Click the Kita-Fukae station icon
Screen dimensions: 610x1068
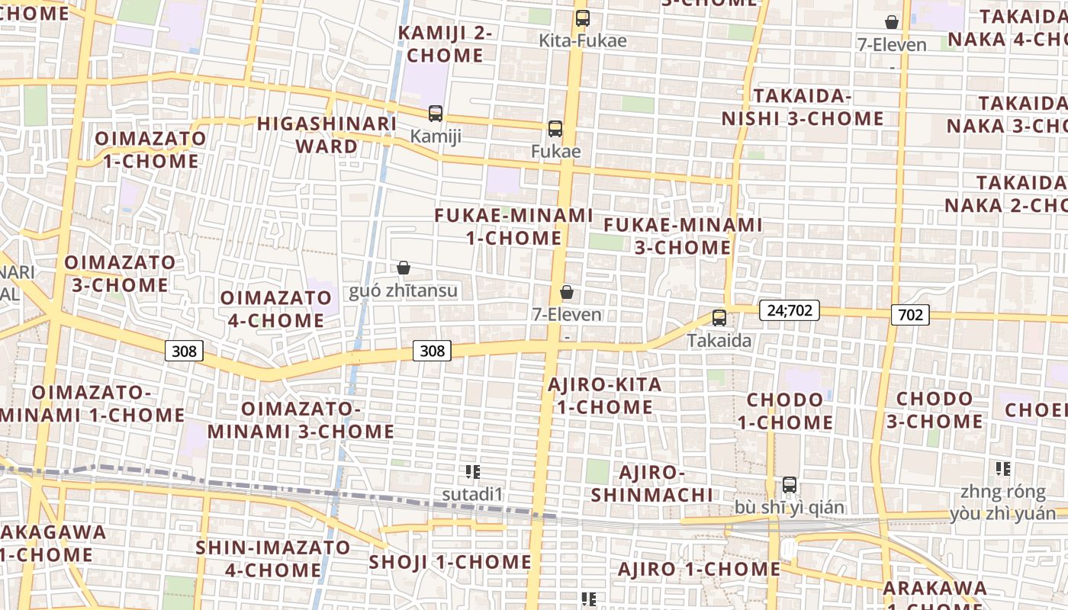[x=583, y=18]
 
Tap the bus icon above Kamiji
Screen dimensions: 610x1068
[x=436, y=114]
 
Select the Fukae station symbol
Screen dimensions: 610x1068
[x=555, y=129]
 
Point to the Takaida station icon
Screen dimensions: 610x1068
[x=719, y=318]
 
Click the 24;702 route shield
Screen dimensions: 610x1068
[x=789, y=310]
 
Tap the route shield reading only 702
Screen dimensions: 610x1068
[x=910, y=314]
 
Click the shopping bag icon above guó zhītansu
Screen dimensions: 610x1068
[x=404, y=268]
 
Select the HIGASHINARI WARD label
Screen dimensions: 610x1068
[x=327, y=134]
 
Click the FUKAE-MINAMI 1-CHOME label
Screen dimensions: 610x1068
[x=514, y=226]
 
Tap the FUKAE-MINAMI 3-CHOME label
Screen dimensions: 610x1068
[x=683, y=236]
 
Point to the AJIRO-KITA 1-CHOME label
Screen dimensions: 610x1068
[x=605, y=396]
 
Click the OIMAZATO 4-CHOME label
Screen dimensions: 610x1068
[x=272, y=309]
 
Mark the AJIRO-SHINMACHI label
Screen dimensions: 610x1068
[x=652, y=483]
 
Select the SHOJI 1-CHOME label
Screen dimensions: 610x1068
[x=450, y=563]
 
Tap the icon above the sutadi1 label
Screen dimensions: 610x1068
[x=472, y=472]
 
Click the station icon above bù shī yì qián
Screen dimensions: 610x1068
[x=790, y=485]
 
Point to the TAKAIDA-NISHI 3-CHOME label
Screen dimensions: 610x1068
[x=803, y=108]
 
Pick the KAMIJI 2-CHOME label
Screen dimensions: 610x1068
[x=445, y=44]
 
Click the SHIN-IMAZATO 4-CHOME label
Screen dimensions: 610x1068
[x=272, y=558]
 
